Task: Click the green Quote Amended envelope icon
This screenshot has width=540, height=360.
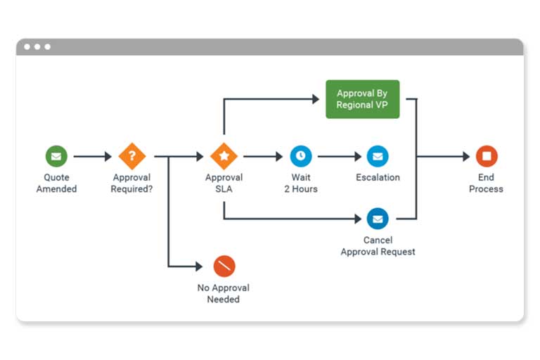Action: [x=56, y=156]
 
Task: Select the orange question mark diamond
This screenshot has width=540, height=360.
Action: [x=132, y=156]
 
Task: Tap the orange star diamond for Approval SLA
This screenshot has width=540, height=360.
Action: [x=224, y=156]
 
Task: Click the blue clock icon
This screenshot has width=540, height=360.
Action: [x=301, y=156]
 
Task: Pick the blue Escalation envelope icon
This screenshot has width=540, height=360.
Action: [x=378, y=156]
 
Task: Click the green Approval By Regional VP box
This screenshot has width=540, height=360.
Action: [x=363, y=99]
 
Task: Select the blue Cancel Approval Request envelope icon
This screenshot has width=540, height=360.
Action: [x=378, y=219]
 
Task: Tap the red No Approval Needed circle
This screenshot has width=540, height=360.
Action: [x=224, y=266]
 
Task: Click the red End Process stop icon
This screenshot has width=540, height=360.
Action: [x=487, y=156]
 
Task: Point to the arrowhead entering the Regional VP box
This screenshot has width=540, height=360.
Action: [x=316, y=99]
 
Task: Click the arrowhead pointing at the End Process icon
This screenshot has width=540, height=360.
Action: [x=466, y=156]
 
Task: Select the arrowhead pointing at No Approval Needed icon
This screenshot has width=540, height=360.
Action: [x=199, y=266]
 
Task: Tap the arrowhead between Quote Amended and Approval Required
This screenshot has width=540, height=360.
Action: [x=108, y=156]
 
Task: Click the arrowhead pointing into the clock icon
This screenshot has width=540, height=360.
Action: [x=279, y=156]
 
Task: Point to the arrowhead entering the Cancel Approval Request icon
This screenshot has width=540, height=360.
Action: [x=358, y=219]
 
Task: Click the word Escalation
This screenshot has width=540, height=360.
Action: [x=378, y=177]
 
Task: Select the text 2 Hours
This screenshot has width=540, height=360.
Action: [x=301, y=188]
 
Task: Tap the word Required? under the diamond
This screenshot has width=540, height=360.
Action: [x=131, y=189]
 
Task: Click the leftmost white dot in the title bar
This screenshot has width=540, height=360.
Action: [x=27, y=46]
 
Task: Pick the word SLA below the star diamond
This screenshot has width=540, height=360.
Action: [x=224, y=188]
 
